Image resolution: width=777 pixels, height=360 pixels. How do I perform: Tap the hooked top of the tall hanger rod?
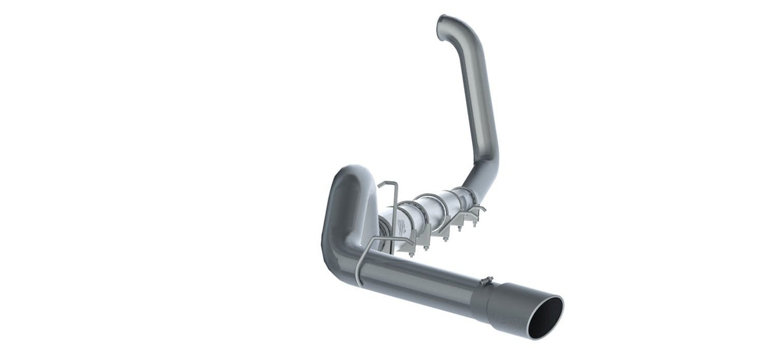[386, 185]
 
